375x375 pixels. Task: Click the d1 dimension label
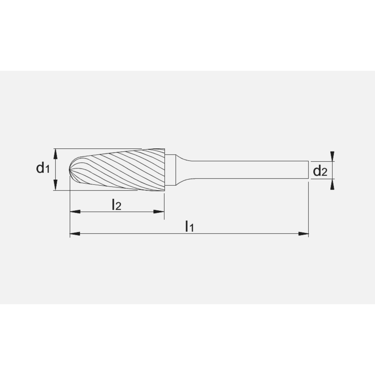[x=43, y=168]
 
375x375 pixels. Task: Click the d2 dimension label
[x=320, y=171]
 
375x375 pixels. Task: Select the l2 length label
[x=116, y=205]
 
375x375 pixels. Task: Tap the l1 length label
[x=189, y=226]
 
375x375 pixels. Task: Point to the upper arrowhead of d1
[x=55, y=153]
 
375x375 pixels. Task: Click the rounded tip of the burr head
[x=71, y=171]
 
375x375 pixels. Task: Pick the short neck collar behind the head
[x=170, y=171]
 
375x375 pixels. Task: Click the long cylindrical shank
[x=247, y=170]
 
